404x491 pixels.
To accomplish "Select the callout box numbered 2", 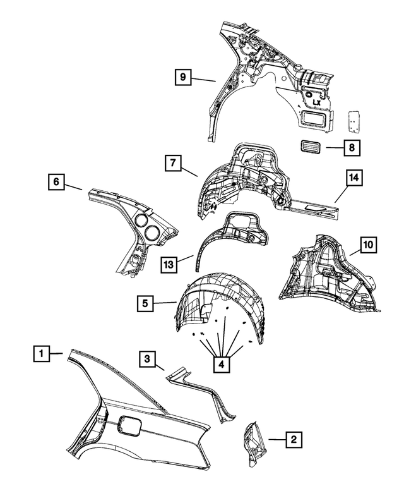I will tap(294, 438).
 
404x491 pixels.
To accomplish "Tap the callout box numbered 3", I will tap(146, 360).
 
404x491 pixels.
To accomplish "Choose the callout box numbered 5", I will tap(146, 304).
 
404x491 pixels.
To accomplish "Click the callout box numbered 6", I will tap(56, 182).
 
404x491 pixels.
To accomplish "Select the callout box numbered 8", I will tap(352, 149).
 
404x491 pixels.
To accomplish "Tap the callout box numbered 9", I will tap(183, 78).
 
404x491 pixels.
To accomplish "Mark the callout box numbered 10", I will tap(368, 243).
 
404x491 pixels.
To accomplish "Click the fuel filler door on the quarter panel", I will tap(130, 428).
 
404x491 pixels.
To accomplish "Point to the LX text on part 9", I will tap(316, 101).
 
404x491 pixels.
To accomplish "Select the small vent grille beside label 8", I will tap(311, 148).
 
